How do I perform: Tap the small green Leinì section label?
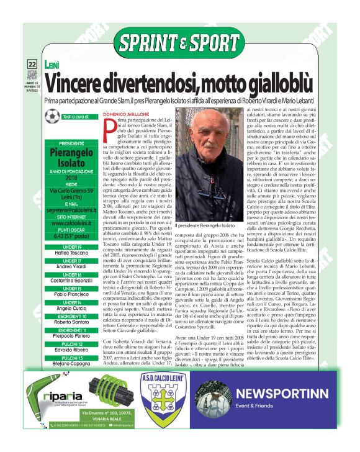pos(52,64)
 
